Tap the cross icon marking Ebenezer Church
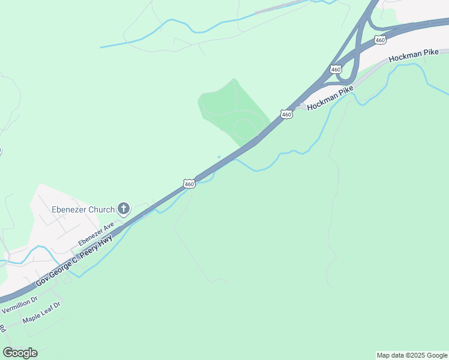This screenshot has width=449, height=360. pyautogui.click(x=124, y=209)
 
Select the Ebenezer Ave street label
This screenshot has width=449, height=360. pyautogui.click(x=96, y=233)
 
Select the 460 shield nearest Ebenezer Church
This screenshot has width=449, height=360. pyautogui.click(x=189, y=184)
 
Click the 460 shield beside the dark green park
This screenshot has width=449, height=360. pyautogui.click(x=286, y=113)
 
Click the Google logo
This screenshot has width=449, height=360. pyautogui.click(x=20, y=353)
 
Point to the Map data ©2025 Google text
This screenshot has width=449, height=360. pyautogui.click(x=412, y=355)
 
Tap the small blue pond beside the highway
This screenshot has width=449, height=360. pyautogui.click(x=219, y=157)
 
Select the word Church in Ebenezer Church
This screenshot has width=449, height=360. pyautogui.click(x=101, y=209)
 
